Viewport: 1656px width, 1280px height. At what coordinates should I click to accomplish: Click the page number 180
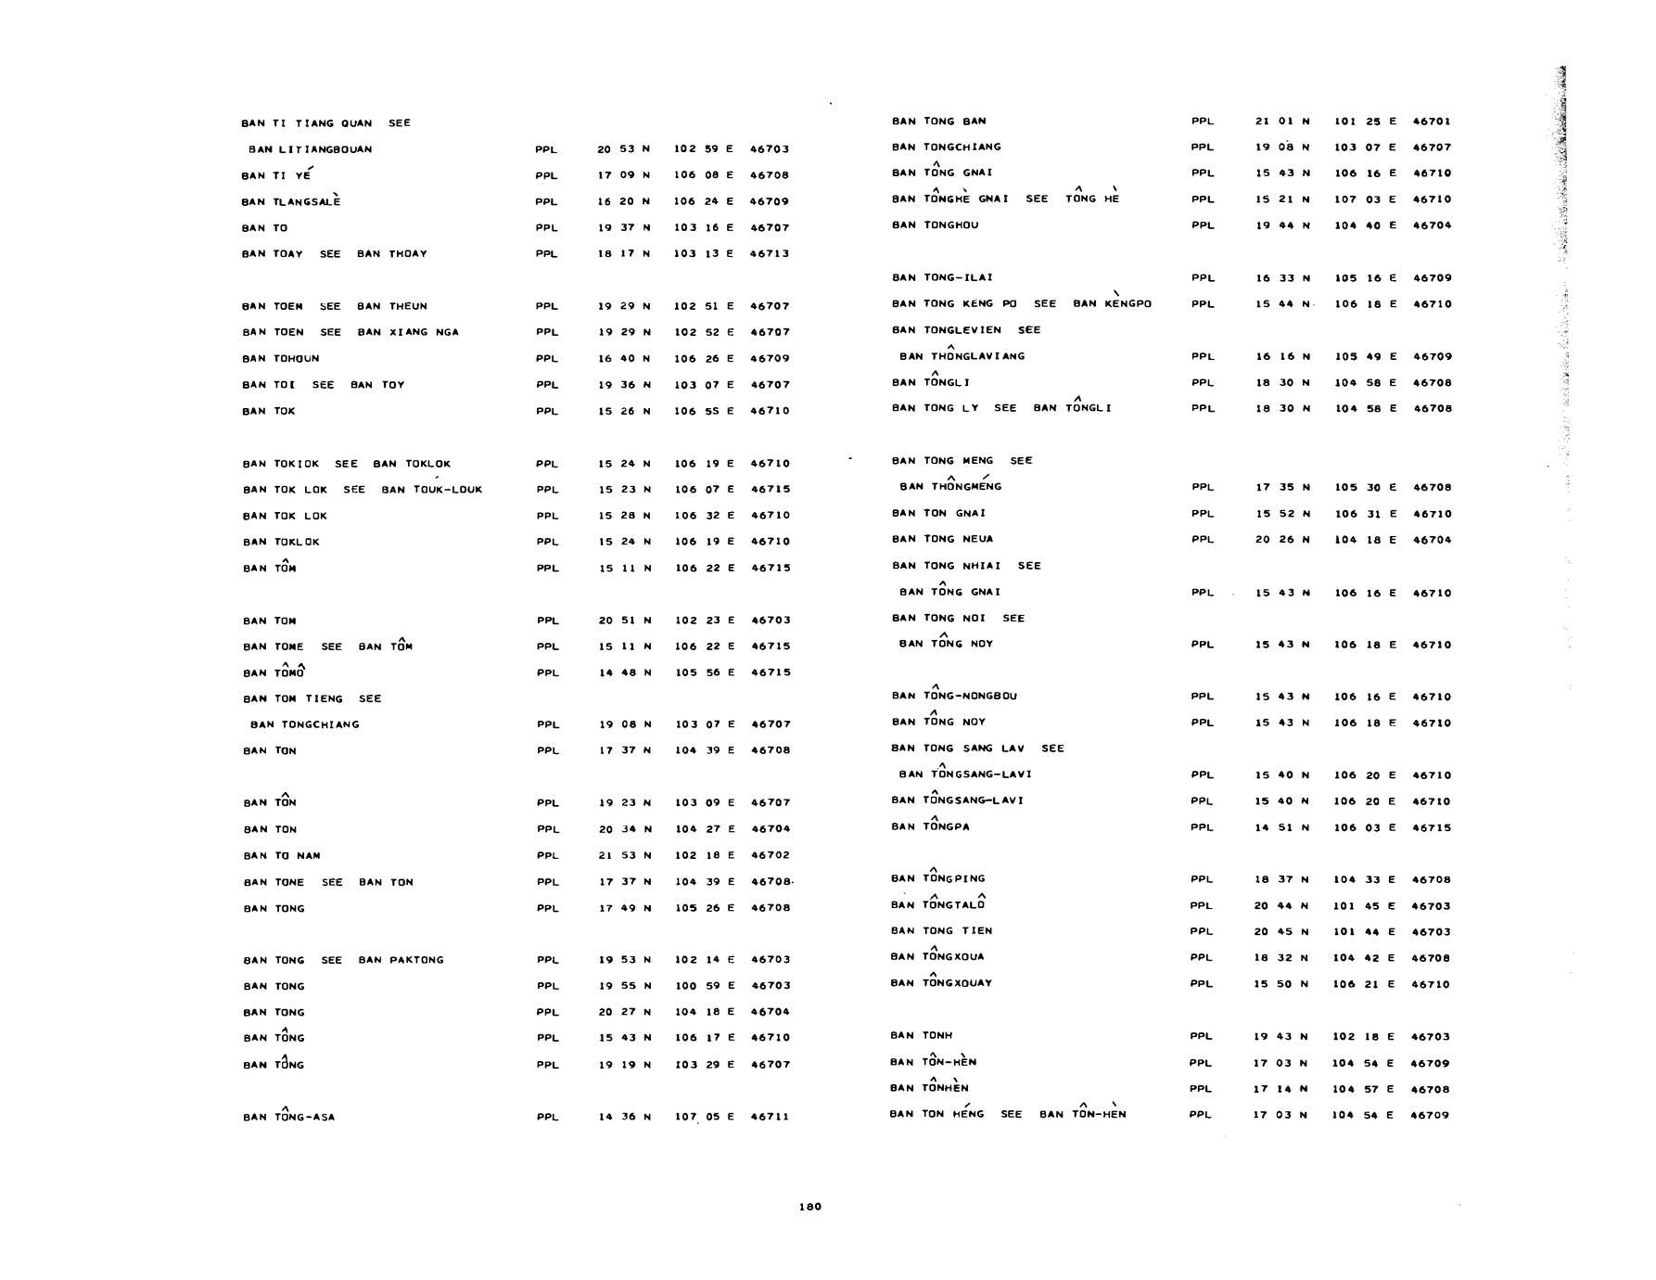click(x=809, y=1207)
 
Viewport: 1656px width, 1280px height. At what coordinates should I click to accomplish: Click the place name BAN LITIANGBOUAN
click(x=310, y=149)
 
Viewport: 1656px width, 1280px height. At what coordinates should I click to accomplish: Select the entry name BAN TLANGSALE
click(x=290, y=201)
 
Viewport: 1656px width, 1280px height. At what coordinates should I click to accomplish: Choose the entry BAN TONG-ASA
click(x=288, y=1117)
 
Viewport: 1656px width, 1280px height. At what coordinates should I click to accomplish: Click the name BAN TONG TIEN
click(x=941, y=931)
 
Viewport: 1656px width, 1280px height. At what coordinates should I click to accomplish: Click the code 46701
click(x=1432, y=122)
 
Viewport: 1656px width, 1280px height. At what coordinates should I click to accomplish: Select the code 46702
click(x=770, y=855)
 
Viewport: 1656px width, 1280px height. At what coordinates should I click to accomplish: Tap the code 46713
click(x=770, y=253)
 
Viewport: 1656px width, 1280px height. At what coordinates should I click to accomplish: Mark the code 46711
click(x=770, y=1117)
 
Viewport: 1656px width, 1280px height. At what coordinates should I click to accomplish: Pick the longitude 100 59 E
click(x=704, y=986)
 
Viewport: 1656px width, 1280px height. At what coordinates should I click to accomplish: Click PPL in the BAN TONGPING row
click(x=1202, y=879)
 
